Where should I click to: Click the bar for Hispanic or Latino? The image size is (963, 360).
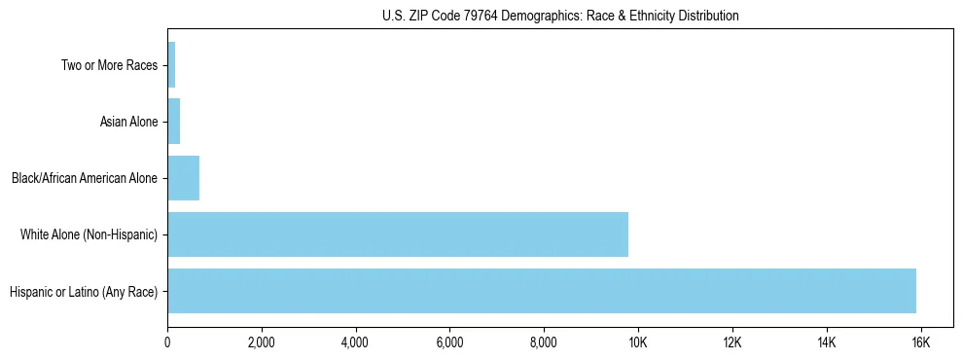(x=542, y=291)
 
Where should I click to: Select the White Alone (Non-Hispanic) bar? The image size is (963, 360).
(x=398, y=234)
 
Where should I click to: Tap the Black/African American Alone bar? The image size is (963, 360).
(x=183, y=178)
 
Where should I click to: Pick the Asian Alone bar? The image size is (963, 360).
(x=173, y=122)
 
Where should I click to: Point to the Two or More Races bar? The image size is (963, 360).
(x=171, y=65)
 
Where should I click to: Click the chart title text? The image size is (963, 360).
(x=560, y=16)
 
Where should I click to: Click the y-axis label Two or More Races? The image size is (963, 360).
(x=109, y=66)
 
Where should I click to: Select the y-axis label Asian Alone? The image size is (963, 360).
(x=128, y=123)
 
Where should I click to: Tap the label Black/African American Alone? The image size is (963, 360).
(x=84, y=179)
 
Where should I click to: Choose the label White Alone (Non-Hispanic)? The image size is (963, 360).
(x=89, y=235)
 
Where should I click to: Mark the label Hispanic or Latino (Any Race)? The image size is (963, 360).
(x=83, y=292)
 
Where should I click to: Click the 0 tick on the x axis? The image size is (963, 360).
(x=167, y=343)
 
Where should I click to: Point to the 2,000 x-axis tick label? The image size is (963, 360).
(x=261, y=343)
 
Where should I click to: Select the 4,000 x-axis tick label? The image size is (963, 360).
(x=355, y=343)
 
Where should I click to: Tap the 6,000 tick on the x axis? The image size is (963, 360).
(x=449, y=343)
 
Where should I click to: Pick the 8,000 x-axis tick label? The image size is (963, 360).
(x=544, y=343)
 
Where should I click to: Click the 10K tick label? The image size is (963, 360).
(x=638, y=343)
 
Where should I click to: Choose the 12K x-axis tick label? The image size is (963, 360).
(x=732, y=343)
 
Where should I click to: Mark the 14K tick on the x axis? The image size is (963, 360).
(x=826, y=343)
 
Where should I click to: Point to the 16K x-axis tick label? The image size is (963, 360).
(x=920, y=343)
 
